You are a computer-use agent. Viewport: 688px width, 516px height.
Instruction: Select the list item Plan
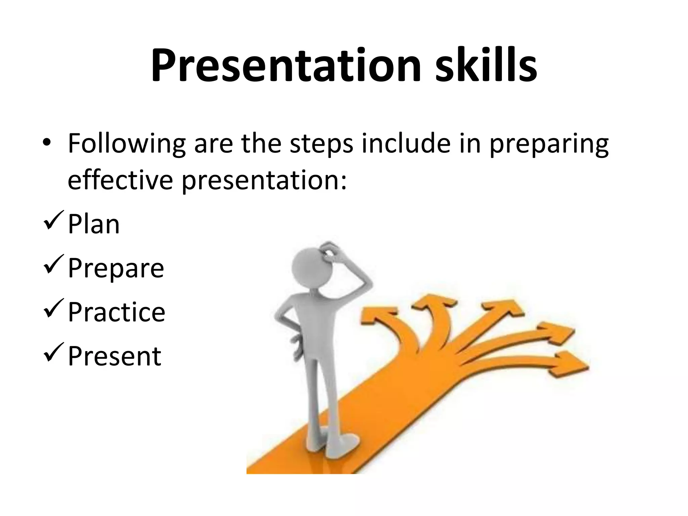pos(94,224)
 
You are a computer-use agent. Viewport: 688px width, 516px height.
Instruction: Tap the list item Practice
pos(117,312)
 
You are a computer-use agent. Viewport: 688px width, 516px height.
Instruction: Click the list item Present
pos(115,356)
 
